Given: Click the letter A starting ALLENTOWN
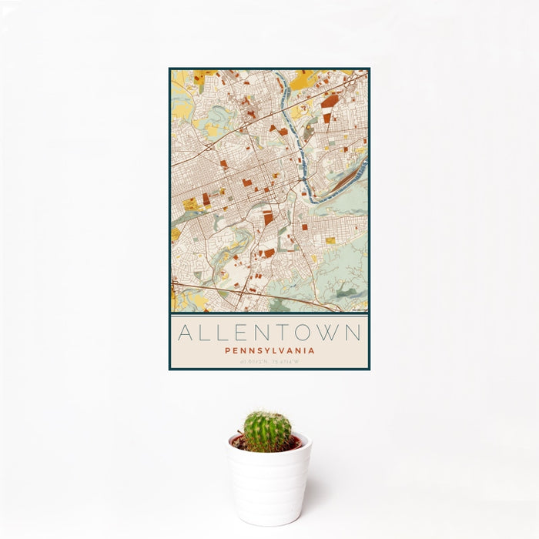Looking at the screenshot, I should coord(186,333).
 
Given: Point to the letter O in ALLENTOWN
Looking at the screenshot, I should coord(305,333).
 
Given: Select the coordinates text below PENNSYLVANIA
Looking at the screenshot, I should coord(269,362).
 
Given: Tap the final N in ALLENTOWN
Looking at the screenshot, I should coord(353,333).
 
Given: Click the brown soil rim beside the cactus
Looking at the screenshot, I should coord(293,444).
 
